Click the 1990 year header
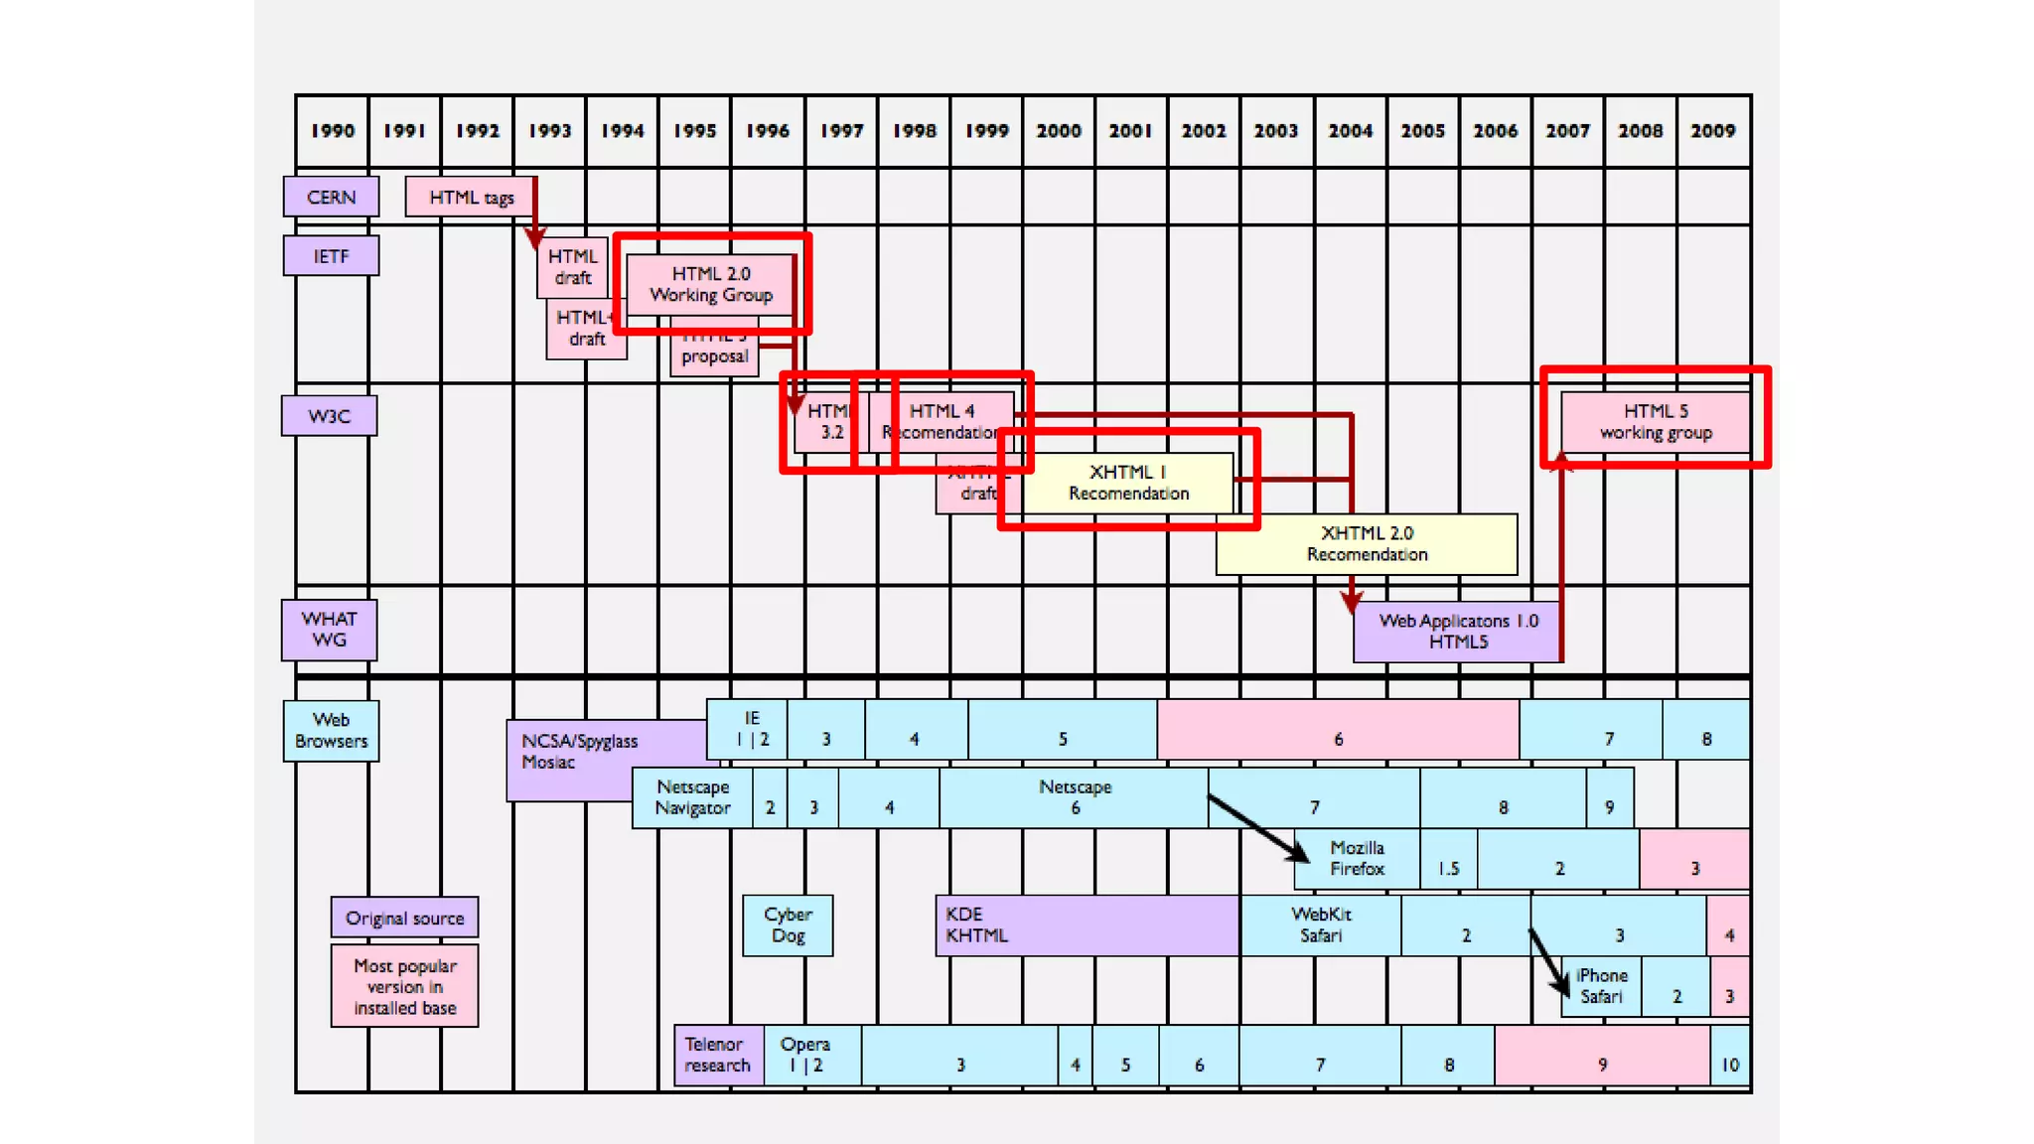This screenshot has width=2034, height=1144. pos(332,131)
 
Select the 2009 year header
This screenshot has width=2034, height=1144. pos(1712,131)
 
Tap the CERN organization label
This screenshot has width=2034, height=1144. pos(331,197)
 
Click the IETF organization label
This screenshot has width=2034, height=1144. pos(331,256)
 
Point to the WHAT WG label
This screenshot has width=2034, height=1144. pos(329,630)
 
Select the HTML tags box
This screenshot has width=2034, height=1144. pos(470,197)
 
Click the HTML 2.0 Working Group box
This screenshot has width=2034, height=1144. pos(711,284)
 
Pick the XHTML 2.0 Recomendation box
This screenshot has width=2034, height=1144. pos(1367,544)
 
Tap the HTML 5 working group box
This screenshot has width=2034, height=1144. pos(1656,422)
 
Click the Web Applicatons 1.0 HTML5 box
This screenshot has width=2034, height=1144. pos(1457,632)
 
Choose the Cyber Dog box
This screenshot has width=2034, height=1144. pos(788,926)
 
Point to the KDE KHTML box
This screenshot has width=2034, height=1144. pos(1087,926)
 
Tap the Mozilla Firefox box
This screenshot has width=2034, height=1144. pos(1357,859)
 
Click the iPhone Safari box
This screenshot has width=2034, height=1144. pos(1601,986)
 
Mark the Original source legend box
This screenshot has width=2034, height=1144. pos(404,918)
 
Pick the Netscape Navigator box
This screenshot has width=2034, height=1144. pos(692,797)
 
